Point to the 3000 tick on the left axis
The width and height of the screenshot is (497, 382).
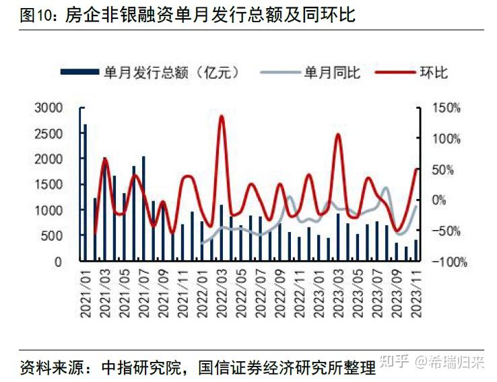(48, 108)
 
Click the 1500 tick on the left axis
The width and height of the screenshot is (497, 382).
(48, 185)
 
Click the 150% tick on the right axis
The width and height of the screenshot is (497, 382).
(446, 108)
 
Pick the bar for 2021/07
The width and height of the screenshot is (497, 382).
(143, 208)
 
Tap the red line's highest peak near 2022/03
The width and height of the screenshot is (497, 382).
(222, 116)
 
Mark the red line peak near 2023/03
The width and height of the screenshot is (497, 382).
(338, 135)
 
